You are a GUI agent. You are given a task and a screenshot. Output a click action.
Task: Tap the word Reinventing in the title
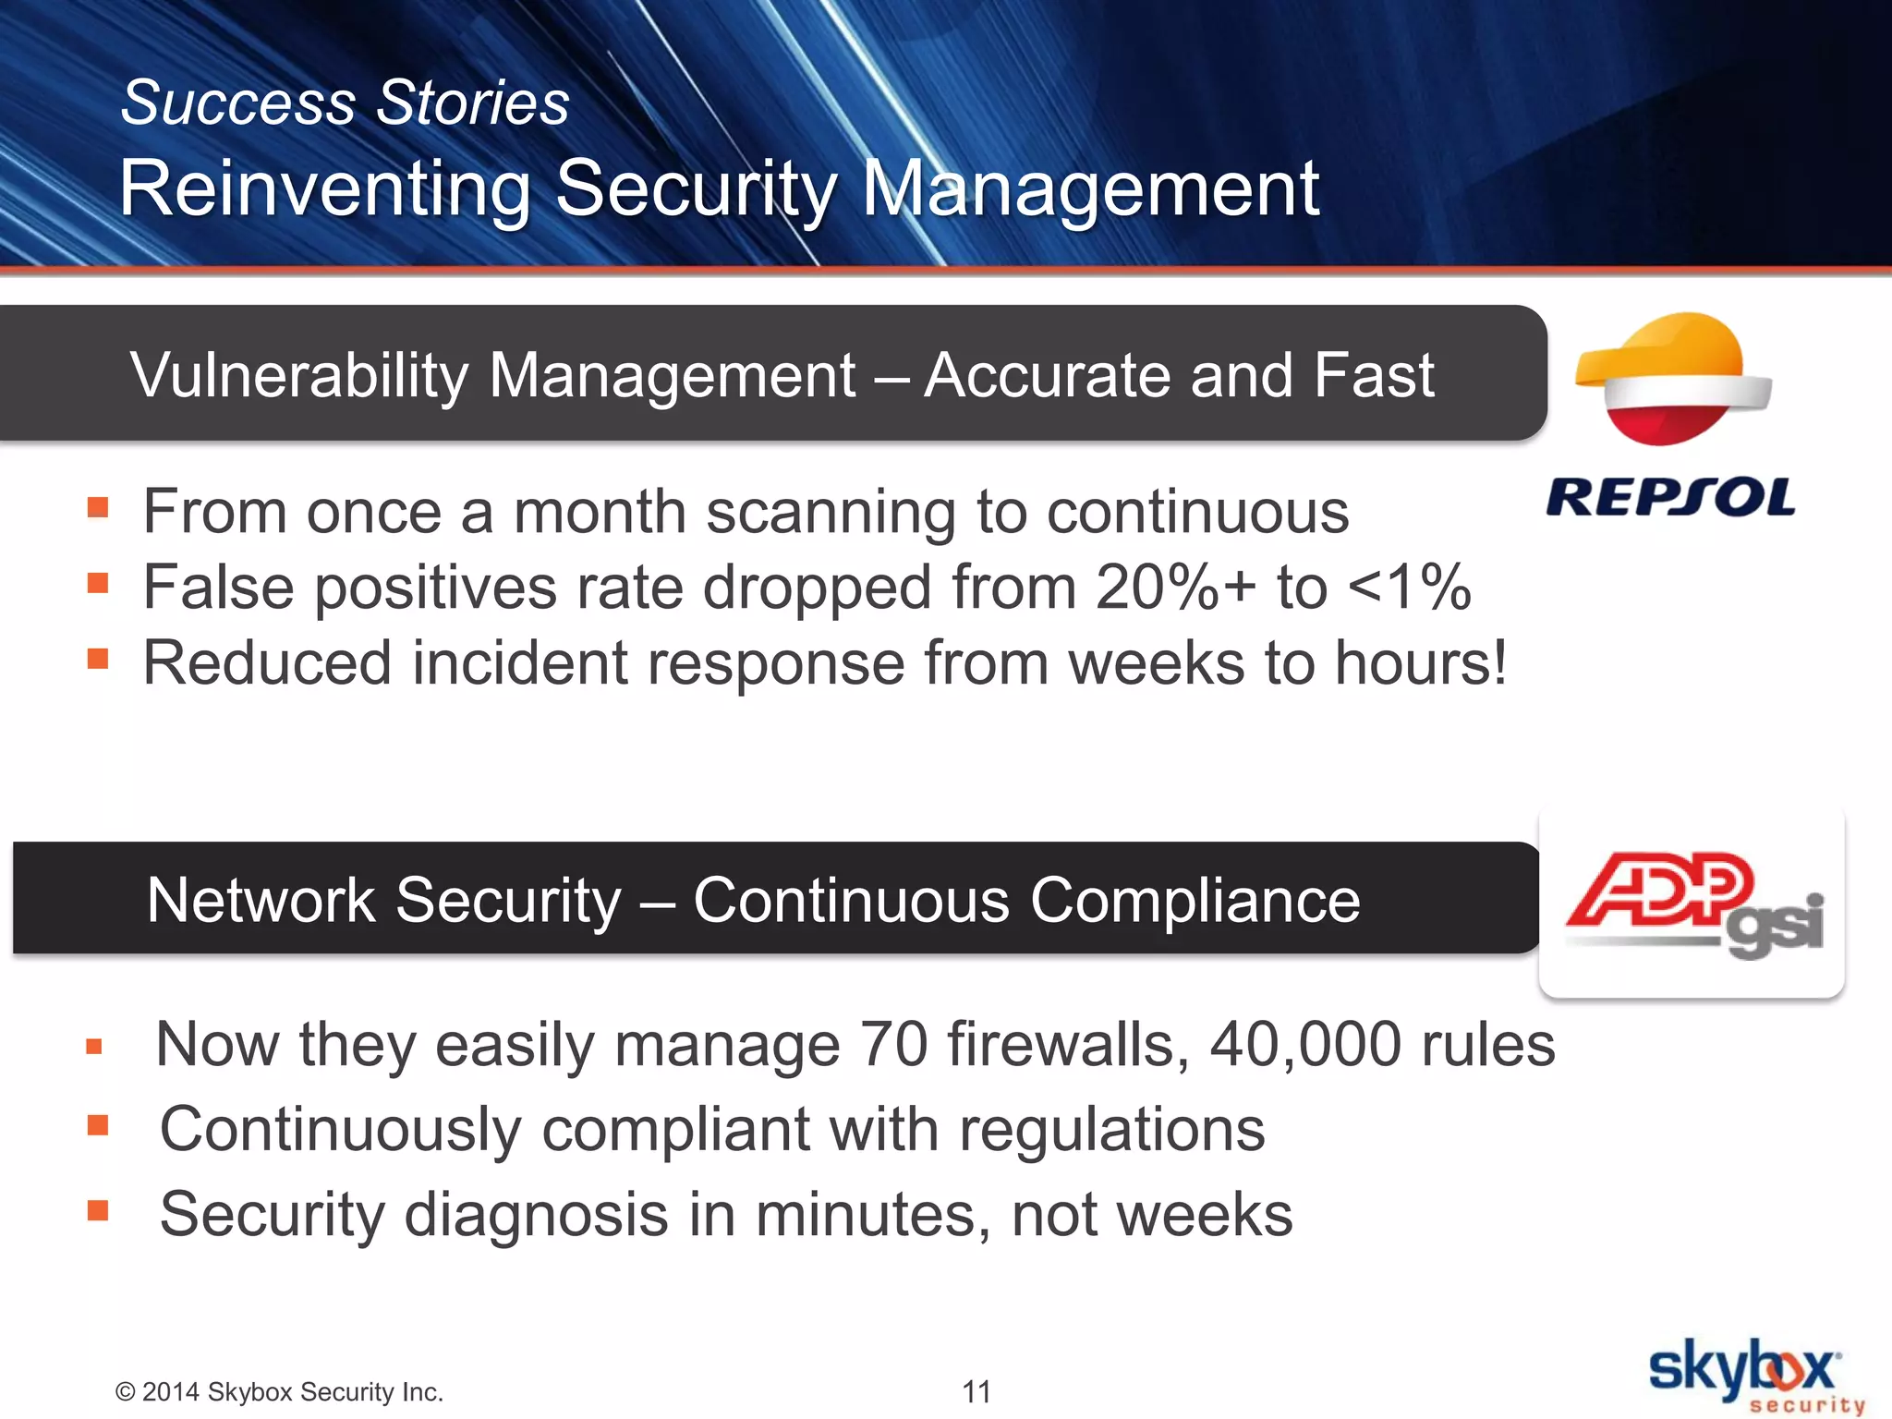(324, 188)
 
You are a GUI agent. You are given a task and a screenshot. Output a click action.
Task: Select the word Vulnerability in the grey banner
(299, 376)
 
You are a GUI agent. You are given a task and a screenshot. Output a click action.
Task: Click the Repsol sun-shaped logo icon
(1672, 379)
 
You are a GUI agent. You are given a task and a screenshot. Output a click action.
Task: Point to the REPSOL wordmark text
(1670, 498)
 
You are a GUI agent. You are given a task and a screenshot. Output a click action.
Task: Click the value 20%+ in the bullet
(1175, 588)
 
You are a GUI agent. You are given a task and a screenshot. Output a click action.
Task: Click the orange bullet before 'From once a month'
(98, 507)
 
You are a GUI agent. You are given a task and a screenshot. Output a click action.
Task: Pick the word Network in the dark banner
(261, 900)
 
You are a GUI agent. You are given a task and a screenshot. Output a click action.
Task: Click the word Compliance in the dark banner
(1195, 900)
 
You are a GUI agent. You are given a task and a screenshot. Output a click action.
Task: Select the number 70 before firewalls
(892, 1045)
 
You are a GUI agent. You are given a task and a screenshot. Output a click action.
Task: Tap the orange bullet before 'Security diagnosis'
(98, 1210)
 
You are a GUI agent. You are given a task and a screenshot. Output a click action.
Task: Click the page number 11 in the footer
(976, 1391)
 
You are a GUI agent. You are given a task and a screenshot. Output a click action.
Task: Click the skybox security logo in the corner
(1751, 1377)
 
